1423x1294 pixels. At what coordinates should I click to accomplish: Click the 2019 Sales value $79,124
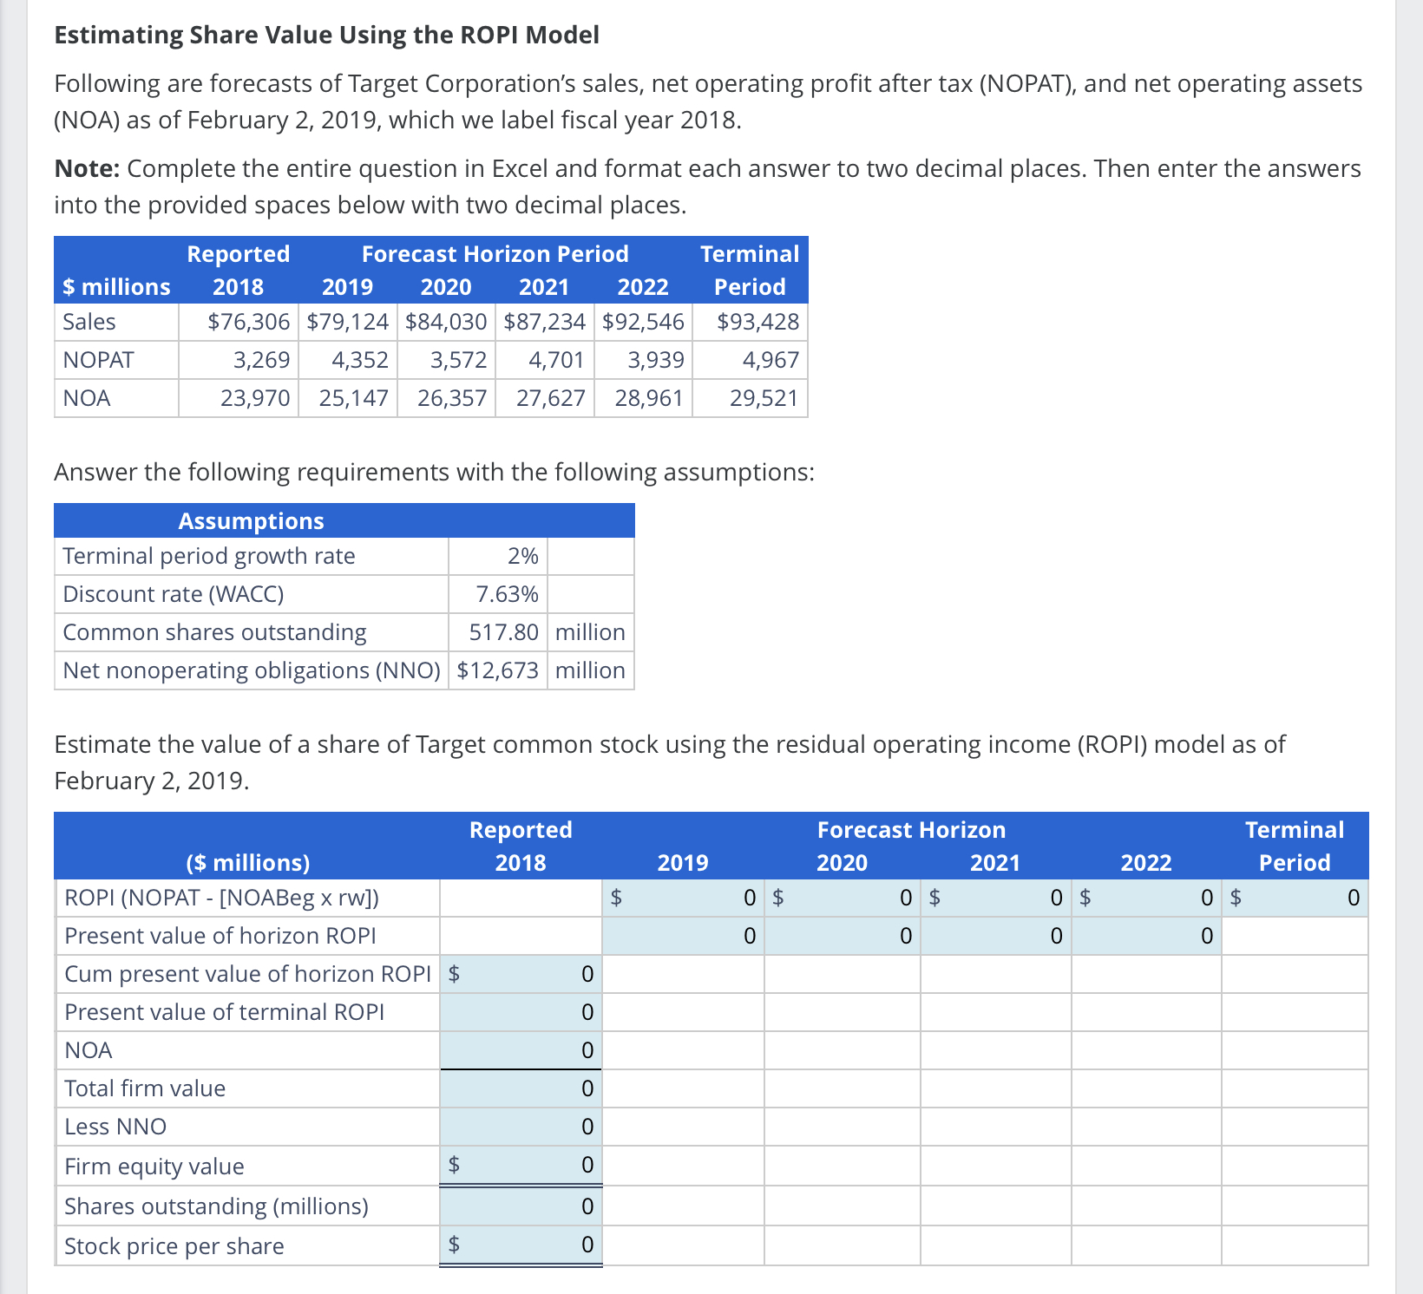coord(348,322)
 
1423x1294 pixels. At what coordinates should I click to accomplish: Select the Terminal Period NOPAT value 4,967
coord(771,360)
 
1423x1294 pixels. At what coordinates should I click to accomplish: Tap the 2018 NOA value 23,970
coord(255,398)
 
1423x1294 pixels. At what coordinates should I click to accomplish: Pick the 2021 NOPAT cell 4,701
coord(556,360)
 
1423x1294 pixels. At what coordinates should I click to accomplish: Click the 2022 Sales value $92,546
coord(643,322)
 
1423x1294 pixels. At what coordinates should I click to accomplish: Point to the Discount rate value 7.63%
coord(507,594)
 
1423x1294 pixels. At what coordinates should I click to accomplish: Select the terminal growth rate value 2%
coord(522,556)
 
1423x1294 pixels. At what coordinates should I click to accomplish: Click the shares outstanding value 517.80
coord(503,632)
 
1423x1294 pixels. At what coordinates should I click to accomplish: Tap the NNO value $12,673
coord(497,670)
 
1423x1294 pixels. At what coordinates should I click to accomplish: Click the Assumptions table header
coord(251,521)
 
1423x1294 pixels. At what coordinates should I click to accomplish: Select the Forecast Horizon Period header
coord(495,254)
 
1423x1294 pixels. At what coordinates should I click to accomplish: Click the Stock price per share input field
coord(521,1245)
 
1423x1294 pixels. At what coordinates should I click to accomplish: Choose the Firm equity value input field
coord(521,1165)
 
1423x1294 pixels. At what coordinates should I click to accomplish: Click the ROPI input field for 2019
coord(683,898)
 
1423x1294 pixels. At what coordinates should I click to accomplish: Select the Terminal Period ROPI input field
coord(1295,898)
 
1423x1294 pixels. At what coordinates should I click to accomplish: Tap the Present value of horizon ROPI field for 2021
coord(995,936)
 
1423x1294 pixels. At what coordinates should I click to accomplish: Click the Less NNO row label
coord(115,1127)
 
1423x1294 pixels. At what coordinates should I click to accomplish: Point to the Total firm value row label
coord(145,1088)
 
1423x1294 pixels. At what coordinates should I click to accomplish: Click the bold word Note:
coord(87,168)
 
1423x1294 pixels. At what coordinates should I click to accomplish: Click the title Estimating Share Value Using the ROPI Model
coord(326,35)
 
